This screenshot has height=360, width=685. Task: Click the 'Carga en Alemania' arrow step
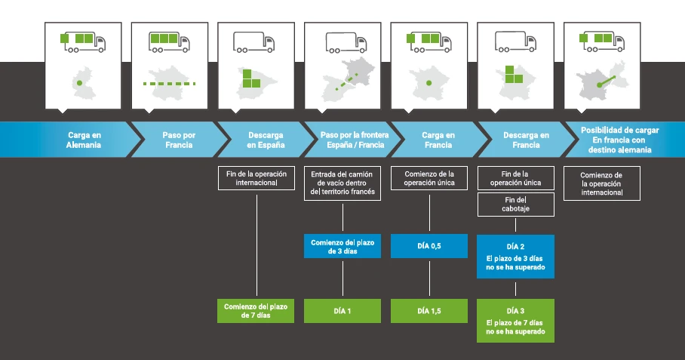click(70, 140)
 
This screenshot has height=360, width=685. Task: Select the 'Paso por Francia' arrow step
click(179, 140)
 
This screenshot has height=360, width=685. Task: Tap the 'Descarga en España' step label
click(266, 140)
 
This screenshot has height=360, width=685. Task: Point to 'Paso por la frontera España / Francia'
click(355, 140)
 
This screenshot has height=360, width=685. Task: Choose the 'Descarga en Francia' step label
click(526, 140)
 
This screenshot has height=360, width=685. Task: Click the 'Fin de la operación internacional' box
click(256, 178)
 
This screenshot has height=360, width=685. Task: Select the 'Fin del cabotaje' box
click(515, 205)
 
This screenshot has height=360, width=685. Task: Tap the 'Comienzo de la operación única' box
click(429, 178)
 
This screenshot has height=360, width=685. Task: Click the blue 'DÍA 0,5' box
click(429, 246)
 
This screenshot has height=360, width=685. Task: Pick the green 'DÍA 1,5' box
click(429, 311)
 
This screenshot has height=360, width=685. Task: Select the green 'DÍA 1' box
click(342, 311)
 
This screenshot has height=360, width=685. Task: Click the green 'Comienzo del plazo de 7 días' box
click(256, 311)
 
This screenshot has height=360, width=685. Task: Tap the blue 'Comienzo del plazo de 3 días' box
click(342, 246)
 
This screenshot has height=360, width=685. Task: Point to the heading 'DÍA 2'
click(515, 246)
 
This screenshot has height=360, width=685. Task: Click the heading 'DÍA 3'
click(515, 311)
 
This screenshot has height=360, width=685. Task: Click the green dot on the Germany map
click(79, 82)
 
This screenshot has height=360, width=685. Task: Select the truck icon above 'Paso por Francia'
click(170, 42)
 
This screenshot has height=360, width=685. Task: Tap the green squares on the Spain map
click(251, 78)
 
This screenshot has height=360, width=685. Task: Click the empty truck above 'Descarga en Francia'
click(515, 42)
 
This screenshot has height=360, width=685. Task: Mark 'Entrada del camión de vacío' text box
click(342, 183)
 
